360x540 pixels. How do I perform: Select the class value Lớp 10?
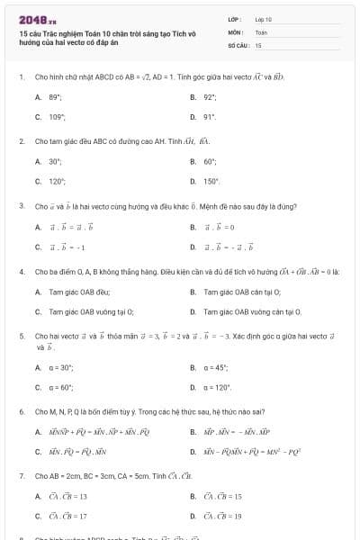tap(264, 19)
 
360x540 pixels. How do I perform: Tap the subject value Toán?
tap(261, 31)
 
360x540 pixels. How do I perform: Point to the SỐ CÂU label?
tap(238, 44)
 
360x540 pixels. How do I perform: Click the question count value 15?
tap(258, 44)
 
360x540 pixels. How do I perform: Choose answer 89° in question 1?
tap(55, 96)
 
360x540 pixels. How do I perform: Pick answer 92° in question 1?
tap(210, 96)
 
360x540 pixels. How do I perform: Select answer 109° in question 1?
tap(56, 117)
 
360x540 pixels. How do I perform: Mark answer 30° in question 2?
tap(55, 161)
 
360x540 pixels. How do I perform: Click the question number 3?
tap(21, 205)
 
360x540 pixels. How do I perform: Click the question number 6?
tap(21, 411)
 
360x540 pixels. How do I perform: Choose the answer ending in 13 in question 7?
tap(69, 496)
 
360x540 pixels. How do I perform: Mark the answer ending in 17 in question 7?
tap(69, 517)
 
